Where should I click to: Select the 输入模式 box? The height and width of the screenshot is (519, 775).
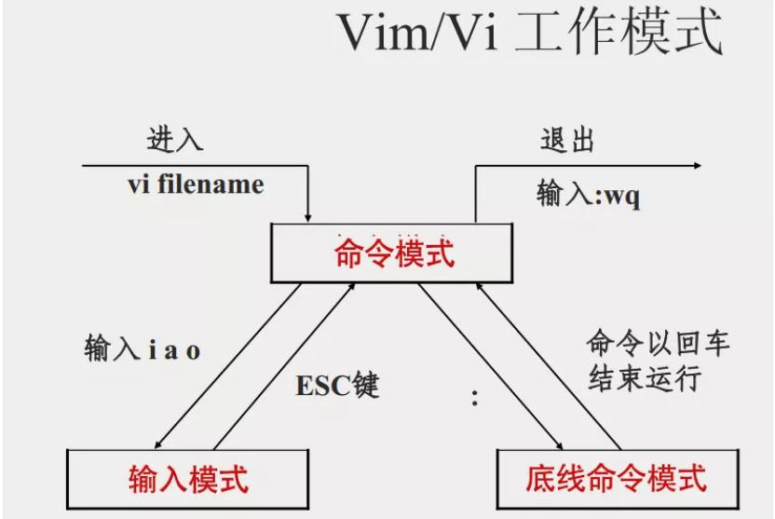[188, 480]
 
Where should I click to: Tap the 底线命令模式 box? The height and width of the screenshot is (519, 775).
[615, 480]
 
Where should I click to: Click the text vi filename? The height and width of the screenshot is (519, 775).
[196, 184]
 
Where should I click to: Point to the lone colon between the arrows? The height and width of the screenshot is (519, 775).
[474, 400]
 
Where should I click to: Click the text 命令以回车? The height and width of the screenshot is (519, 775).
[658, 343]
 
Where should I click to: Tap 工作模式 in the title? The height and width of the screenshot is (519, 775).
[632, 34]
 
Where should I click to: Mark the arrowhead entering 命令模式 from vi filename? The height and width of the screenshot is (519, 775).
[307, 217]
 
